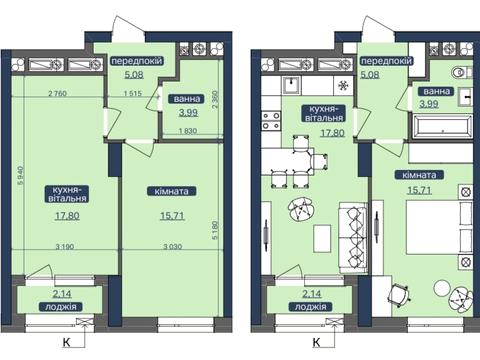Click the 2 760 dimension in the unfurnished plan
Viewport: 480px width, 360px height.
tap(58, 93)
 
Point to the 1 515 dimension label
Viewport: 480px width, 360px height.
tap(133, 93)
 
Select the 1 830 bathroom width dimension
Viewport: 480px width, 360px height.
tap(188, 131)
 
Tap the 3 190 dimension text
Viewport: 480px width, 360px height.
tap(65, 247)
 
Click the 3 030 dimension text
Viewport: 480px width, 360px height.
tap(173, 247)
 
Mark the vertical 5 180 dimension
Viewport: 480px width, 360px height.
tap(215, 230)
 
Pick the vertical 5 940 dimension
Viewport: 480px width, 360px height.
tap(21, 175)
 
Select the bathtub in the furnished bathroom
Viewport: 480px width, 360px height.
tap(443, 126)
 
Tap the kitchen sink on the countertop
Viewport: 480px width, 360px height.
tap(292, 85)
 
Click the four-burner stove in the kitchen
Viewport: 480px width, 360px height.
tap(271, 121)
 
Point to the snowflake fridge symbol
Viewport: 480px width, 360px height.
tap(343, 86)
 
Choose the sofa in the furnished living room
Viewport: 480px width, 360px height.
tap(353, 238)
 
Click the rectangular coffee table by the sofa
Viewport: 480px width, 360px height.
tap(322, 239)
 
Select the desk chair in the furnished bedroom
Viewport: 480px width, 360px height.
tap(399, 293)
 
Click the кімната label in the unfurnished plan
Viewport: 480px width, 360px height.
tap(172, 191)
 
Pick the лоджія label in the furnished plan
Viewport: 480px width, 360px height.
tap(311, 307)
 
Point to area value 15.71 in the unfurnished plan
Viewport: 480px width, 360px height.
tap(172, 216)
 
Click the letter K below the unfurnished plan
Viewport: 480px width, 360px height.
tap(67, 342)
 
